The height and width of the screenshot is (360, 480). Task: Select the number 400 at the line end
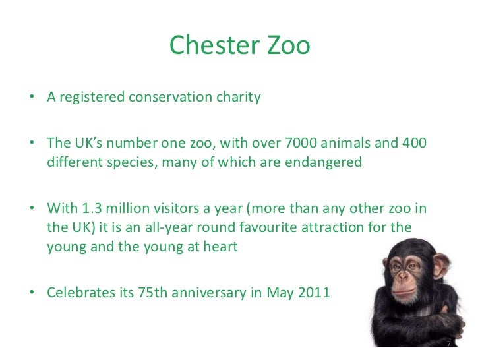[414, 144]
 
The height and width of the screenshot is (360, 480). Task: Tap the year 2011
[312, 292]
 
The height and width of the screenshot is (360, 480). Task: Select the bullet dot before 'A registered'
[32, 98]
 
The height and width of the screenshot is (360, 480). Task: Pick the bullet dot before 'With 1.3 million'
[32, 210]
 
